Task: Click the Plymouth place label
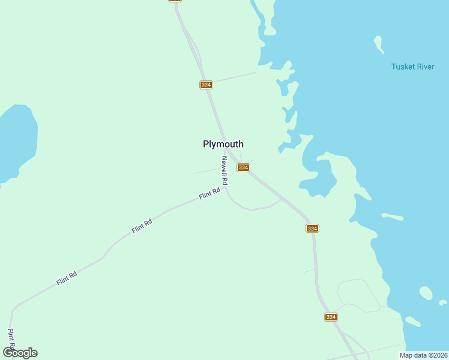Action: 223,144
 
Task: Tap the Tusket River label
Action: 412,67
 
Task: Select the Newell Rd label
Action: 224,170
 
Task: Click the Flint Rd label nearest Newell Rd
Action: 209,193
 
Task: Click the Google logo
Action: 20,353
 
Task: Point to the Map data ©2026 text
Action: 423,355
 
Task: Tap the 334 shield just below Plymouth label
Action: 243,167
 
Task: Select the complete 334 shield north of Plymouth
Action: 206,85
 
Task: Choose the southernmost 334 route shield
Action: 331,317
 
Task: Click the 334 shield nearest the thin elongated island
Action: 312,229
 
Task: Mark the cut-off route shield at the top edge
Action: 175,1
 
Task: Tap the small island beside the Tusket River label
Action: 378,44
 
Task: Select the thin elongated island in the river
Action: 393,216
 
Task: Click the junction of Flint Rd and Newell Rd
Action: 227,191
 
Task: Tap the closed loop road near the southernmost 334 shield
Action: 358,295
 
